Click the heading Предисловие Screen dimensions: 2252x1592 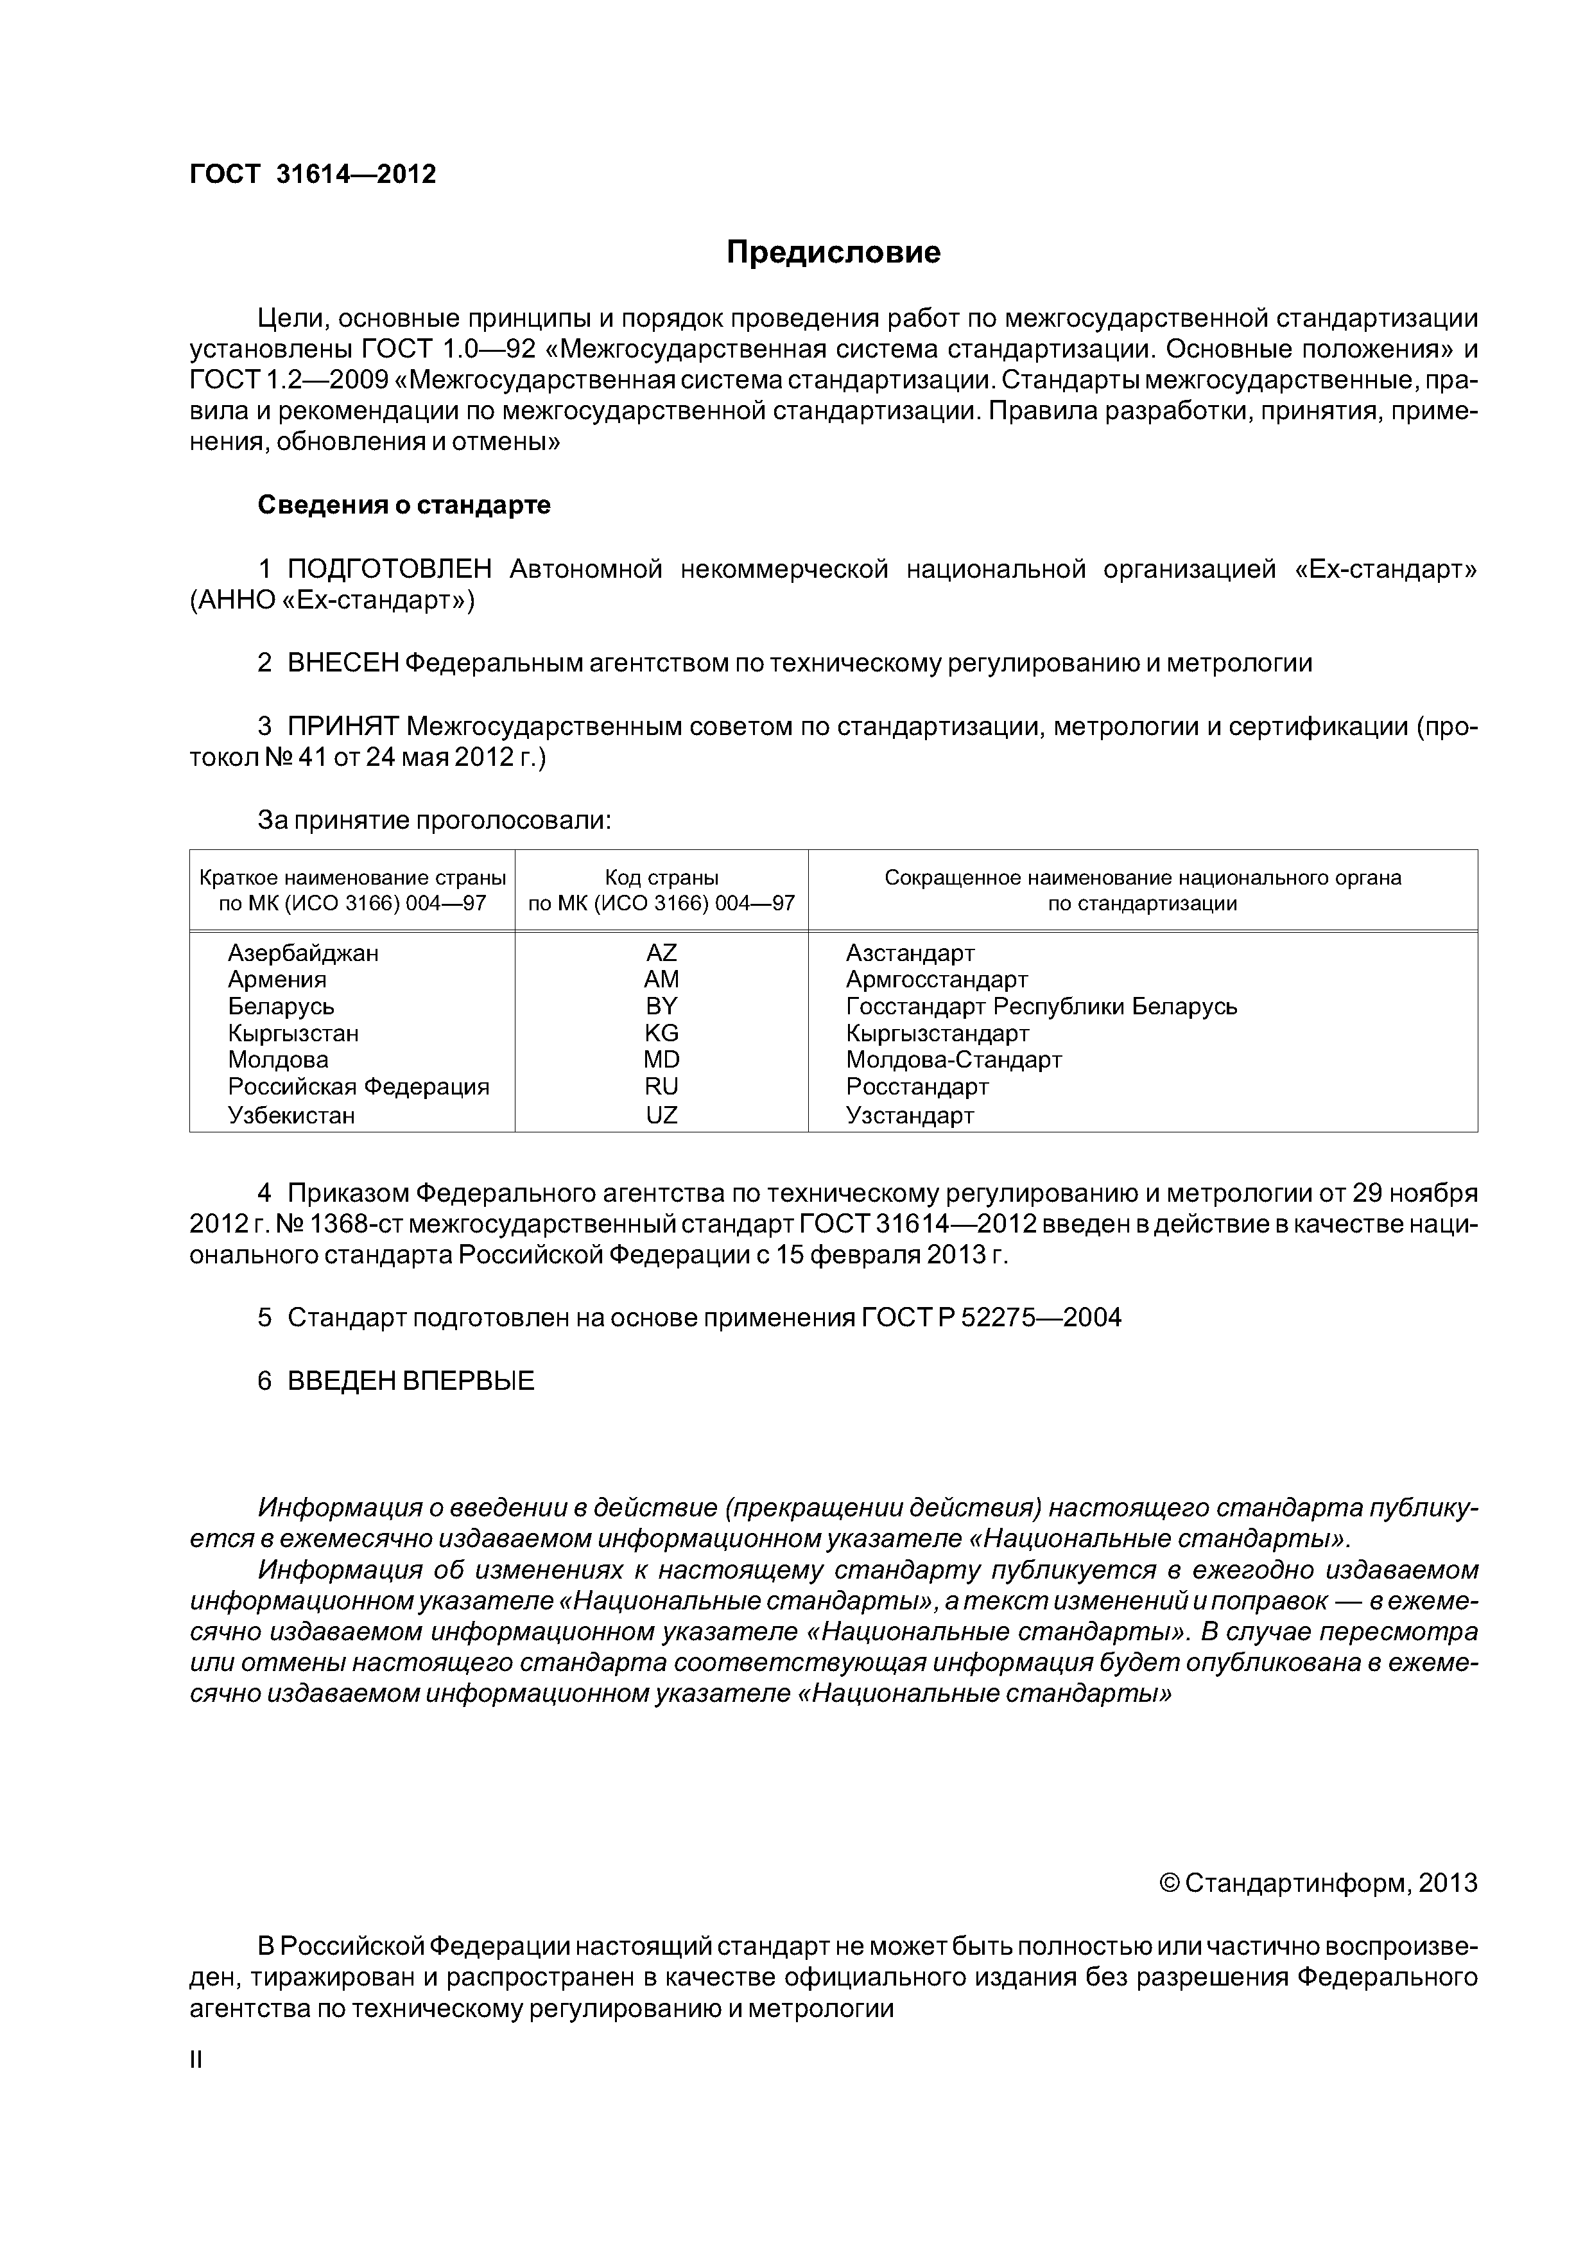(x=833, y=253)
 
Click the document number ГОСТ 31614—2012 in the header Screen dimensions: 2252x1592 (x=312, y=175)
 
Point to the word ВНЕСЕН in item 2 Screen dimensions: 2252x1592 (x=342, y=663)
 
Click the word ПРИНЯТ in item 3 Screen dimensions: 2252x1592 (x=342, y=727)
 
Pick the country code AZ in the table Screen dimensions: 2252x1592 (x=661, y=953)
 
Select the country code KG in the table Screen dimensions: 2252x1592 (x=661, y=1033)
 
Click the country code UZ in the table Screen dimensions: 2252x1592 (x=661, y=1115)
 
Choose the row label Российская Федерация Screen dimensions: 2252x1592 (x=358, y=1087)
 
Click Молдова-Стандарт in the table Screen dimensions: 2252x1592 (x=953, y=1061)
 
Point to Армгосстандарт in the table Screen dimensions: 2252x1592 (x=937, y=980)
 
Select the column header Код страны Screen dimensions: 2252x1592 (x=661, y=878)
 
